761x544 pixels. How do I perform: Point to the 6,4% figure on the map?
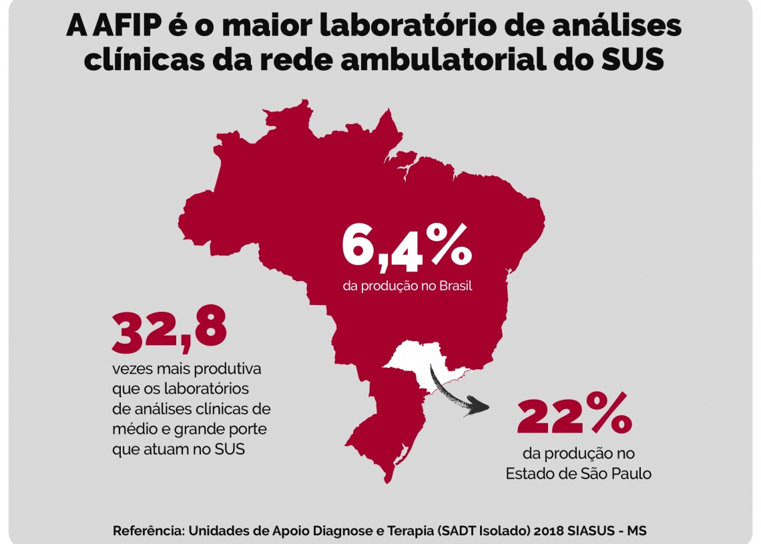(x=407, y=247)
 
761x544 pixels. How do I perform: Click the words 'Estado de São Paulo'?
(x=578, y=474)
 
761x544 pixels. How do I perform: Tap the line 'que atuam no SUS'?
(x=178, y=449)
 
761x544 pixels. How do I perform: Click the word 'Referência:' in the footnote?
(x=149, y=531)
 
